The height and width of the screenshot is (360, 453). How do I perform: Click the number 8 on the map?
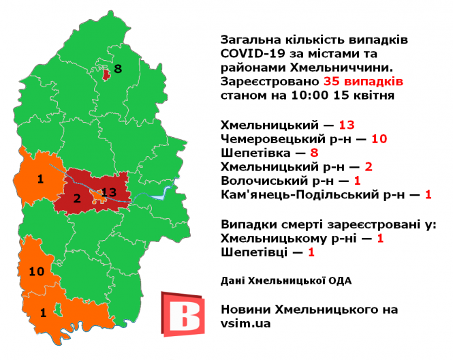pos(118,69)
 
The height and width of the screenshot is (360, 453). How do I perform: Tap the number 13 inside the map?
pos(109,192)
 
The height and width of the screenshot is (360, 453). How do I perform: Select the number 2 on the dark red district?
pos(77,198)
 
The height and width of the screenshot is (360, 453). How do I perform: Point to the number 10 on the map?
pos(36,271)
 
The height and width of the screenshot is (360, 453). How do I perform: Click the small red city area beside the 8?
pos(106,72)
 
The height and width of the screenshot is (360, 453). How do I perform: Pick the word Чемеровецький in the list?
pos(268,139)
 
